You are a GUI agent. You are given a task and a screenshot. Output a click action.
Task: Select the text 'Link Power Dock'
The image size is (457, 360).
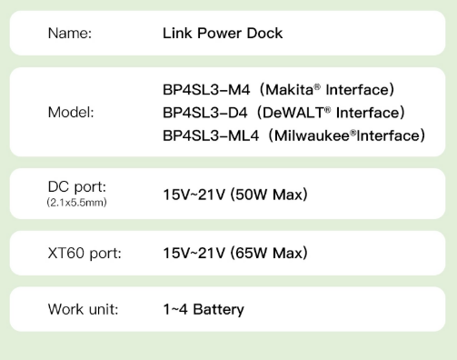(223, 34)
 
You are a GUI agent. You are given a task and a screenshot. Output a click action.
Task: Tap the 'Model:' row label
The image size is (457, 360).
(70, 114)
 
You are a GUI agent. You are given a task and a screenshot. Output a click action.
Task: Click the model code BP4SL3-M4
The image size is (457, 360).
(200, 90)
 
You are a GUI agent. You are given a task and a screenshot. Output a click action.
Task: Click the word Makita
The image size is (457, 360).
(281, 90)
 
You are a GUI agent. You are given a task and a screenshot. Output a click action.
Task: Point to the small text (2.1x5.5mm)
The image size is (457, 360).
(76, 202)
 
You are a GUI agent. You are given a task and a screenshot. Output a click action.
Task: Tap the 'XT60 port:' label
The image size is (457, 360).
(84, 252)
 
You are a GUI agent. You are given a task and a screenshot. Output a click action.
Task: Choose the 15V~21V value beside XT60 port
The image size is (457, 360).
(194, 252)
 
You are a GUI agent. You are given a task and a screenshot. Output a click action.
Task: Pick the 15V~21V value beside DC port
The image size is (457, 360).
(194, 195)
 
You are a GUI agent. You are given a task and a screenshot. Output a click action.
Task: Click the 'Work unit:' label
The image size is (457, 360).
(83, 309)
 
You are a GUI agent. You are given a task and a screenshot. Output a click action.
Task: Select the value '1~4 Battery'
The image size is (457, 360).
(204, 309)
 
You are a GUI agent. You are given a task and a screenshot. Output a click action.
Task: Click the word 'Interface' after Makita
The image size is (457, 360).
(357, 90)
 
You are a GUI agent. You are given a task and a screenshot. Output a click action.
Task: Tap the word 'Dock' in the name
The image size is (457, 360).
(264, 34)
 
